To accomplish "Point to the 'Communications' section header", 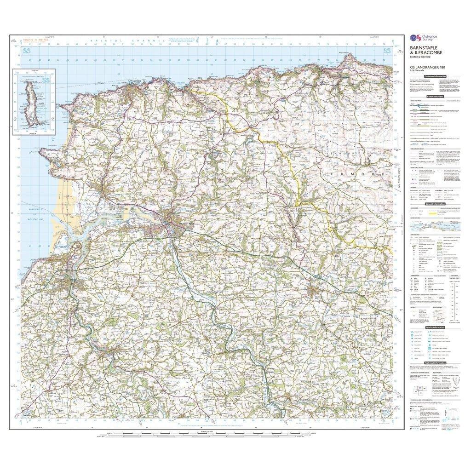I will pos(435,97).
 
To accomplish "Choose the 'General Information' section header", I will pos(435,204).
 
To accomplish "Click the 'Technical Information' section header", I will pos(435,363).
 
